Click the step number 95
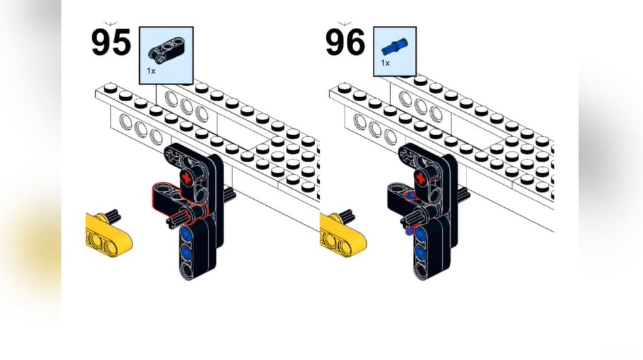click(111, 42)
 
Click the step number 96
click(346, 42)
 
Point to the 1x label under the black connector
click(150, 70)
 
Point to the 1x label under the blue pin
click(385, 63)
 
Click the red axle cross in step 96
click(422, 178)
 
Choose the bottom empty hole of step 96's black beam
click(421, 271)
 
